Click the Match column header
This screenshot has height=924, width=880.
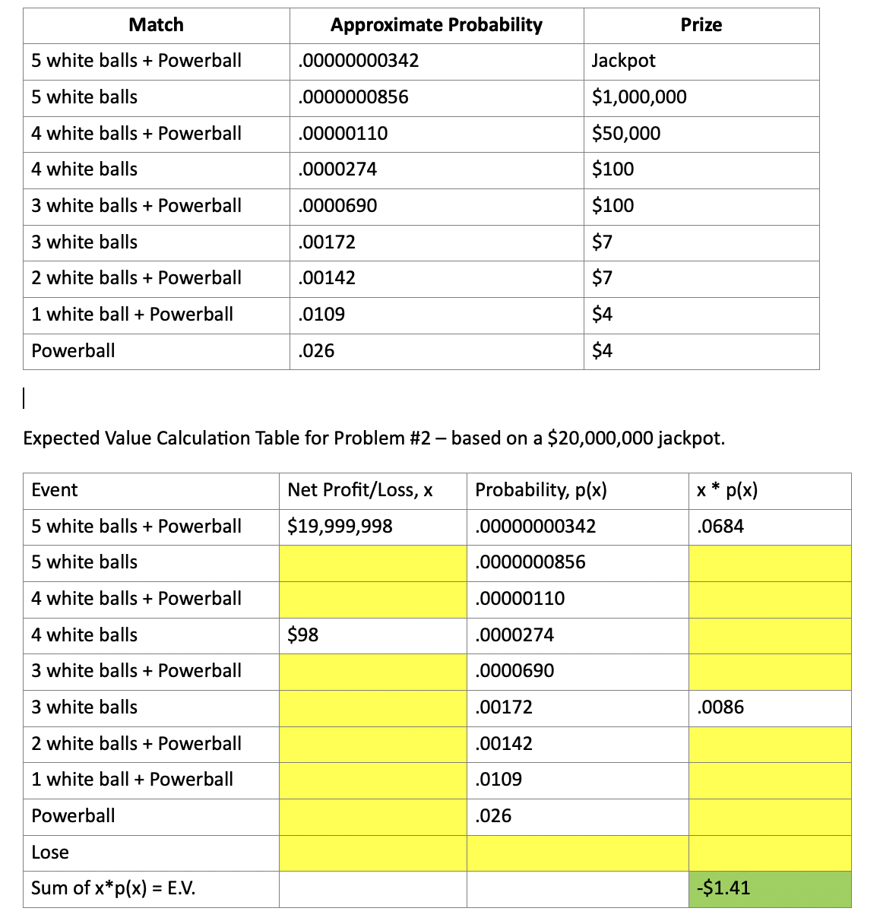pos(156,25)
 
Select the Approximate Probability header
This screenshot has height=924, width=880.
pos(436,25)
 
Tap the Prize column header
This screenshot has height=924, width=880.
pos(701,25)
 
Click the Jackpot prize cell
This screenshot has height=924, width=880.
pos(623,61)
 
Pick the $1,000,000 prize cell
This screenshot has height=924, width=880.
pos(639,97)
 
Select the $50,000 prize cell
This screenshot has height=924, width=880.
pos(626,134)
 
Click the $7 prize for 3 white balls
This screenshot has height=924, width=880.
pos(602,242)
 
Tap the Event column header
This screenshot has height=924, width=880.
pos(55,490)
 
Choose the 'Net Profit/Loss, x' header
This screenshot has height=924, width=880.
pos(360,490)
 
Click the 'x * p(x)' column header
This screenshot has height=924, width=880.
pos(727,490)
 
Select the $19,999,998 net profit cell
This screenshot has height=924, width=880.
pos(340,527)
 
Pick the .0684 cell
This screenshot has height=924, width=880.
pos(720,527)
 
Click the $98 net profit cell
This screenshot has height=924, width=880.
pos(302,635)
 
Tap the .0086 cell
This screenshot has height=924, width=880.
pos(720,707)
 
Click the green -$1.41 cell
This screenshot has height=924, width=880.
pos(769,888)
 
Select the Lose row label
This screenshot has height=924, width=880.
pos(50,853)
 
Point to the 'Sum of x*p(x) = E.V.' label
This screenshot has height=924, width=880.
pos(113,888)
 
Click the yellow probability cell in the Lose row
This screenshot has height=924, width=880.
pos(578,853)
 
